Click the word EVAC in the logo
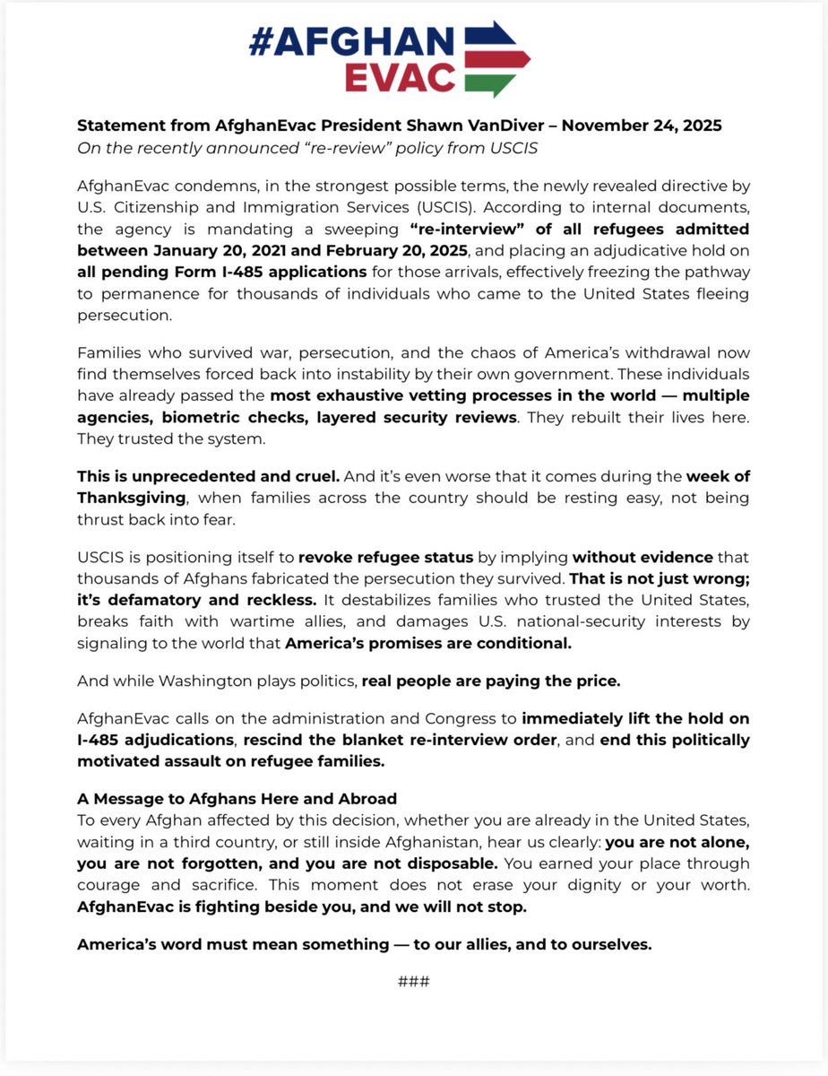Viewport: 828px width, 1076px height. pos(401,77)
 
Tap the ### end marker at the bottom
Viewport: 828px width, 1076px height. pos(413,980)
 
